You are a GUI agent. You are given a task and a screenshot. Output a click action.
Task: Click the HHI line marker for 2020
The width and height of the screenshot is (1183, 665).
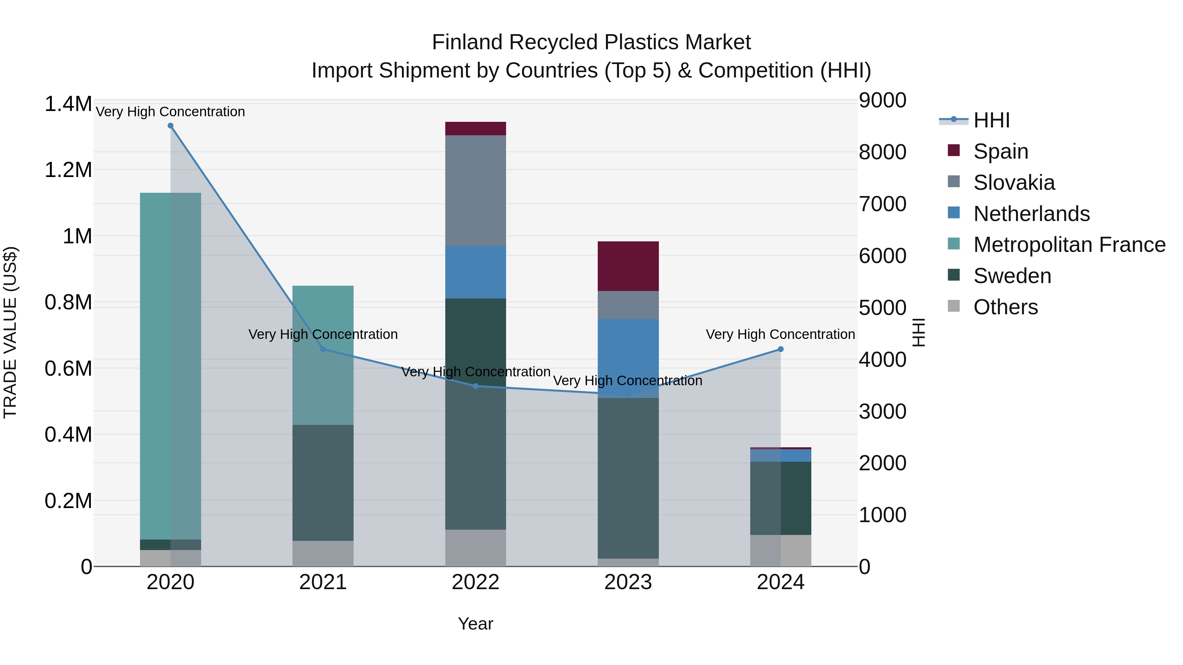[x=170, y=126]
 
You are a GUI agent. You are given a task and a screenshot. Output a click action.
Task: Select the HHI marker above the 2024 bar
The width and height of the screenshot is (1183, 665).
[x=780, y=349]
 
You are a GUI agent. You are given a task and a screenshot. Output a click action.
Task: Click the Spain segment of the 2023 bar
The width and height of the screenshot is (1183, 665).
[x=628, y=266]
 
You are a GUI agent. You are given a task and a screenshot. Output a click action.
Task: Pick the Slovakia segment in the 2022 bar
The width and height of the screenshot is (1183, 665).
[x=475, y=190]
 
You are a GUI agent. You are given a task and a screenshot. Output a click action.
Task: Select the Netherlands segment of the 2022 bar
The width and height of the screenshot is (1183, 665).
[x=475, y=272]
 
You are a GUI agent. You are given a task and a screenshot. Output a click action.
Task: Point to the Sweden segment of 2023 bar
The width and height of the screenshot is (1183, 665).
[x=628, y=477]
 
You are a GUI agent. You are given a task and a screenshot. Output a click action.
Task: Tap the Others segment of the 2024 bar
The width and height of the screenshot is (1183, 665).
[x=780, y=550]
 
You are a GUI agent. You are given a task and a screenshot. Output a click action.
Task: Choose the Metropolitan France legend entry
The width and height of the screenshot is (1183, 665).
[x=1069, y=245]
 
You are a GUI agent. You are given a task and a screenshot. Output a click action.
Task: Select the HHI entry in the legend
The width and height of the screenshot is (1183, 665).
[x=991, y=120]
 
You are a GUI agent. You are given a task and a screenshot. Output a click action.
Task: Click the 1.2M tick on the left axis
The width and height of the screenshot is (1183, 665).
[x=68, y=170]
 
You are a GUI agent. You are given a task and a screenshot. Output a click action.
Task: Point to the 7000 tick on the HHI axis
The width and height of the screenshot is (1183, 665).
[x=882, y=204]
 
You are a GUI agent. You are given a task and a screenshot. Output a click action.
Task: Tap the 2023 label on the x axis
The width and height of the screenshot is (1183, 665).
[x=628, y=582]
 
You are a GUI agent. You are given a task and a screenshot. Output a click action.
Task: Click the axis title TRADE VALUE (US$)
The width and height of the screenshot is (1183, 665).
[x=10, y=332]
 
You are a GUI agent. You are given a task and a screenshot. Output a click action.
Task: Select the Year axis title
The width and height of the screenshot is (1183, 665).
[x=475, y=624]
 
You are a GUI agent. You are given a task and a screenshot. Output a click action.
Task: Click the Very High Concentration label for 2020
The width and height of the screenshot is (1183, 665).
[x=170, y=112]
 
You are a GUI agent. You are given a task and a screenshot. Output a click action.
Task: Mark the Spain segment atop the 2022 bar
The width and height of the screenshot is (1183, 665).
[x=475, y=128]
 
